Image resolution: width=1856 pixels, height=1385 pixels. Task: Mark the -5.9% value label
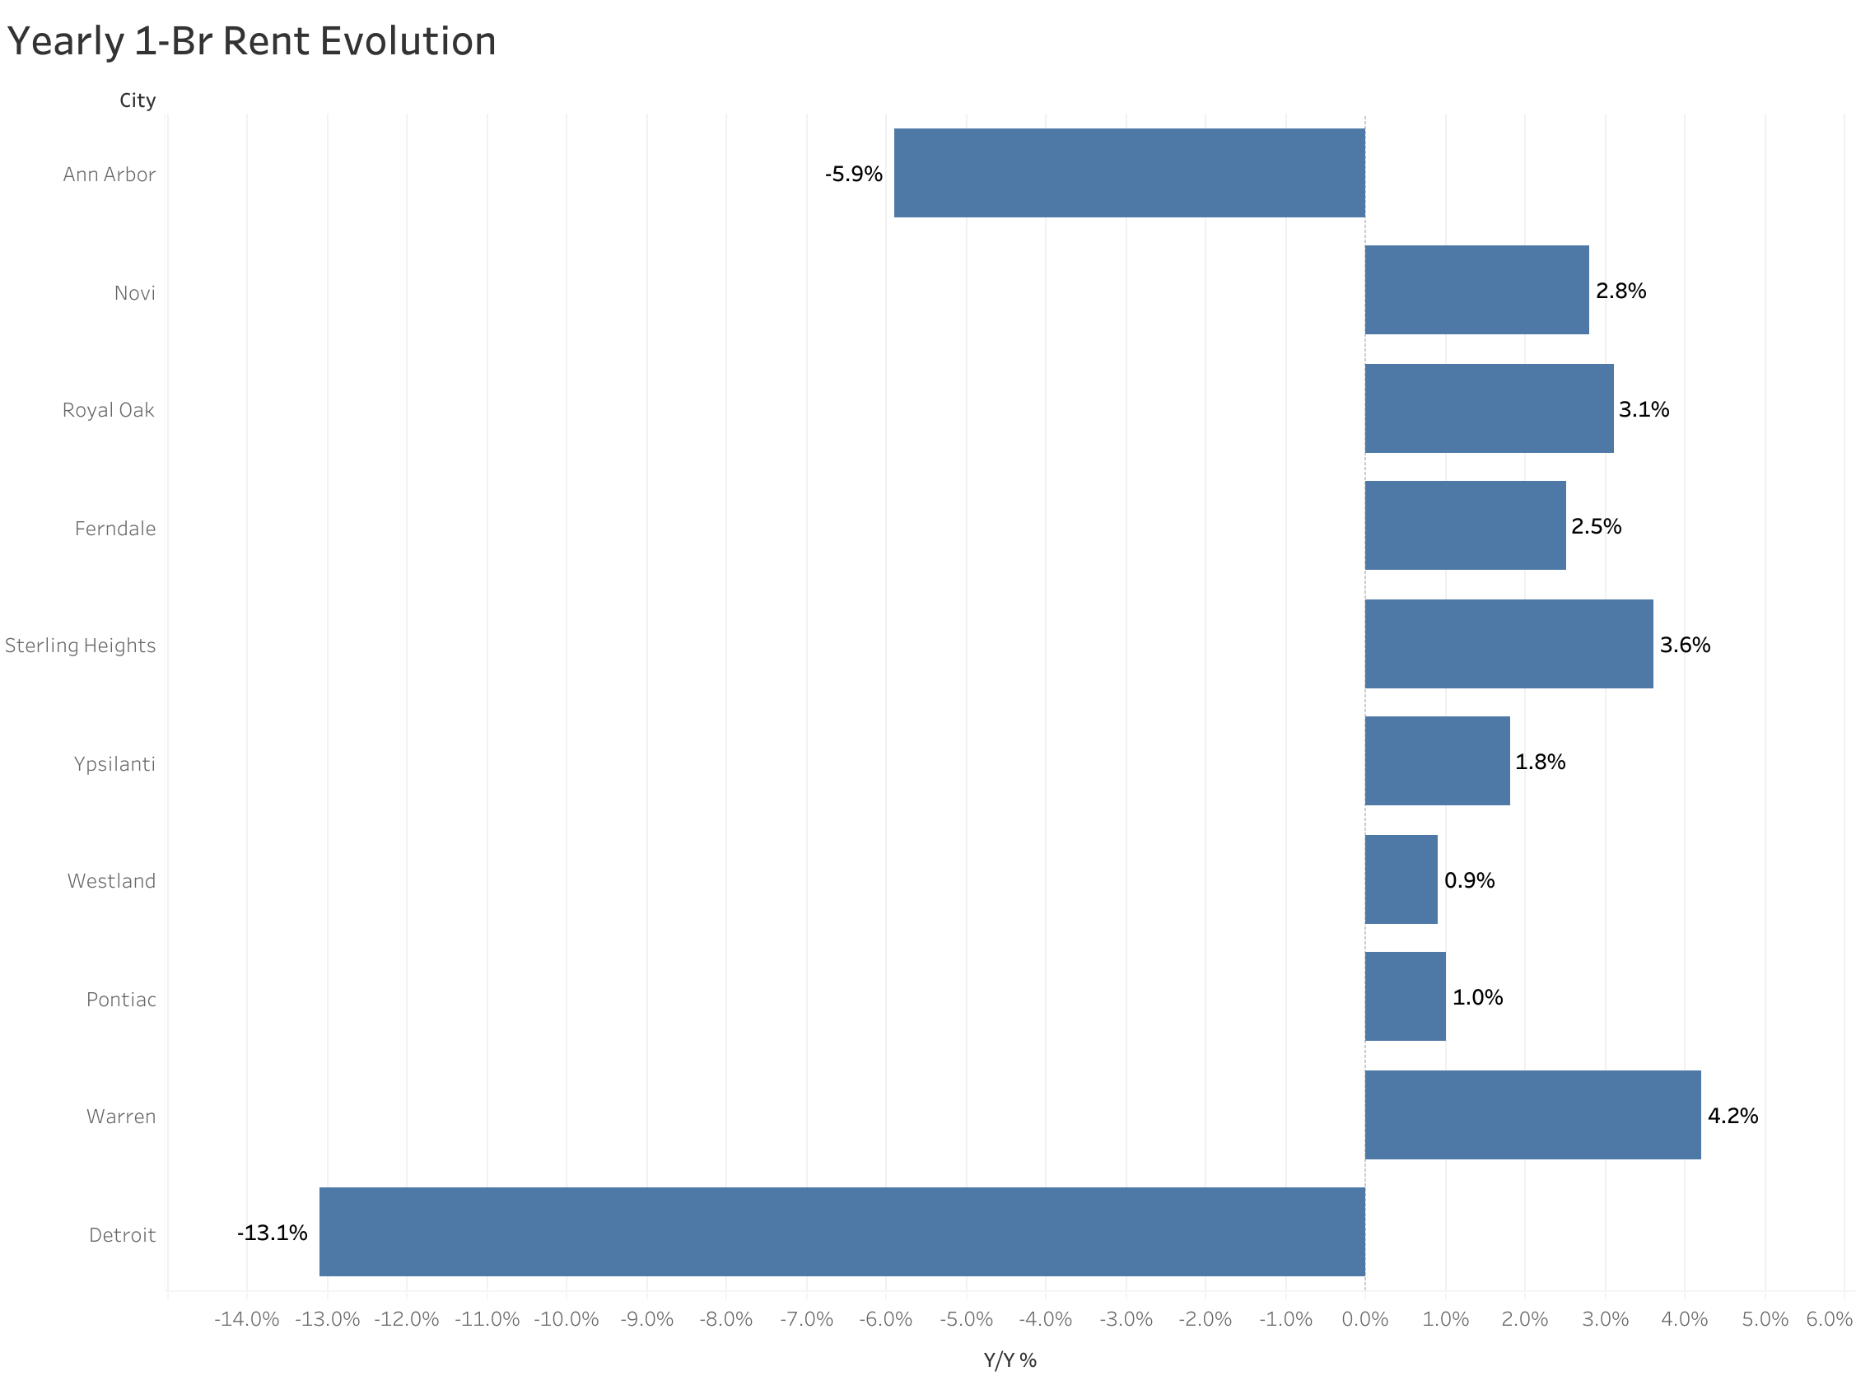(852, 174)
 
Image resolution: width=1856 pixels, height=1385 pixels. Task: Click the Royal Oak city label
(108, 409)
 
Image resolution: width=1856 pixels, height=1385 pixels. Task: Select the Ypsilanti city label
(114, 763)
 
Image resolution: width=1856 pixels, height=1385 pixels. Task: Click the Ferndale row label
(114, 527)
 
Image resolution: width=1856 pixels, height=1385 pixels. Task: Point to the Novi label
(134, 292)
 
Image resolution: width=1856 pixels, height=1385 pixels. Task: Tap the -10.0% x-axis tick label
(566, 1318)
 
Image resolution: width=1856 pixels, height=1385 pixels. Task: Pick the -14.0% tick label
(246, 1318)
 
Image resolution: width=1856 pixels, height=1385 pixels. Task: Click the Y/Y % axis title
(1010, 1359)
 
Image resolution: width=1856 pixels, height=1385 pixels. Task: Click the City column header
(138, 100)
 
